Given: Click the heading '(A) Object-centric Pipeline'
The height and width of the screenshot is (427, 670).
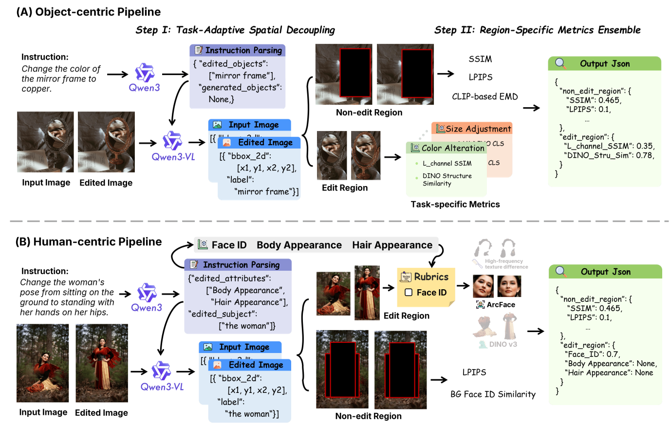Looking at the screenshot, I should (x=88, y=12).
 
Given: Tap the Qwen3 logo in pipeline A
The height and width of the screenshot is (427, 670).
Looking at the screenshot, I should (x=144, y=73).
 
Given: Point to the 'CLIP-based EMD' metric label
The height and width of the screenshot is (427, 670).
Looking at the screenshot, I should (x=484, y=96).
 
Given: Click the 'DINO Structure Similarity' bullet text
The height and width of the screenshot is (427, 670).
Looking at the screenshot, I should (x=447, y=180).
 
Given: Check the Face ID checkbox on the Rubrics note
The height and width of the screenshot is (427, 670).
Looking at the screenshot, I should (x=409, y=292).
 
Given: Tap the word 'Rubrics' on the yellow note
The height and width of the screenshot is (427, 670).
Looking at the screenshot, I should (x=431, y=277).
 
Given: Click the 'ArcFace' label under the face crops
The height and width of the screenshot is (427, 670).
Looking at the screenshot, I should (x=501, y=305).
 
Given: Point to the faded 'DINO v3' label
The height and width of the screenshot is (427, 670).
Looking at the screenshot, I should (x=502, y=344).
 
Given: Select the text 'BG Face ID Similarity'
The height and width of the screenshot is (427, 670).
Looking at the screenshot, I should (x=493, y=394).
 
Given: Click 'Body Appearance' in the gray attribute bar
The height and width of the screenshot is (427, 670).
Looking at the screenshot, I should (x=299, y=245).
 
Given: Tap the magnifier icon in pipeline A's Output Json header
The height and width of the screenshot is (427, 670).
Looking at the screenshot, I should (x=560, y=63).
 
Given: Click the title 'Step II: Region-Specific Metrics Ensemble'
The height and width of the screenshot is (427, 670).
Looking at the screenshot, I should (x=537, y=30).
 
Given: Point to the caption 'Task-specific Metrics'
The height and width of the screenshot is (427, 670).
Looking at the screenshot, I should (x=455, y=204).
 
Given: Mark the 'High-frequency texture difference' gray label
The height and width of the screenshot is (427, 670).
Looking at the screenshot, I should (x=506, y=264).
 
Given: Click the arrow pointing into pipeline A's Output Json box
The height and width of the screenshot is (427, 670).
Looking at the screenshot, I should (x=531, y=108).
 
